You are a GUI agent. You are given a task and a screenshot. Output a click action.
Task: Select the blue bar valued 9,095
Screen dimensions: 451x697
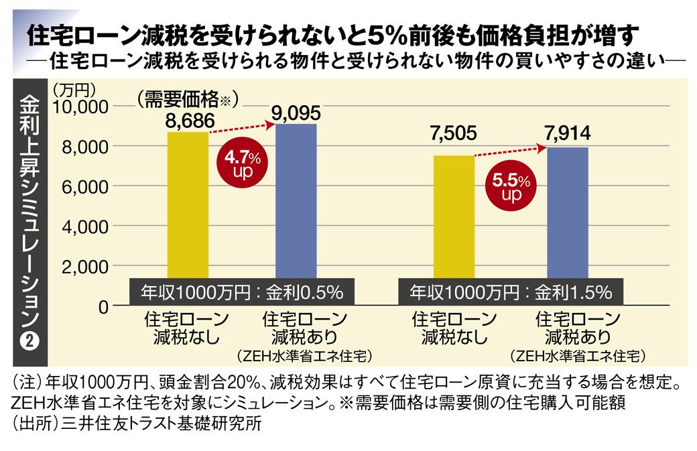click(296, 201)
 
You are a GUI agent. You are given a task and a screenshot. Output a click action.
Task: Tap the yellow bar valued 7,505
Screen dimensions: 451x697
click(454, 218)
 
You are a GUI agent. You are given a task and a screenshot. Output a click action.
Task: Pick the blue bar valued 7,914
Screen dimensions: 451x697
click(567, 214)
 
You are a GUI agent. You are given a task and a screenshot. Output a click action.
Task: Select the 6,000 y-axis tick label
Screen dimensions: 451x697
click(85, 186)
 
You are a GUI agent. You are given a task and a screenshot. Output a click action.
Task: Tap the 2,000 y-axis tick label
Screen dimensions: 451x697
click(85, 267)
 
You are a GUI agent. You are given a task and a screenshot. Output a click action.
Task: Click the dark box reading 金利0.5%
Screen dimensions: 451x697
click(242, 292)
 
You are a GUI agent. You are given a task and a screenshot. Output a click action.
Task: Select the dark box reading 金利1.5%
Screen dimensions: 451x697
click(511, 292)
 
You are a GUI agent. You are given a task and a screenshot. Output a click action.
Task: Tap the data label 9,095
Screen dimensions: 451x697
click(296, 111)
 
